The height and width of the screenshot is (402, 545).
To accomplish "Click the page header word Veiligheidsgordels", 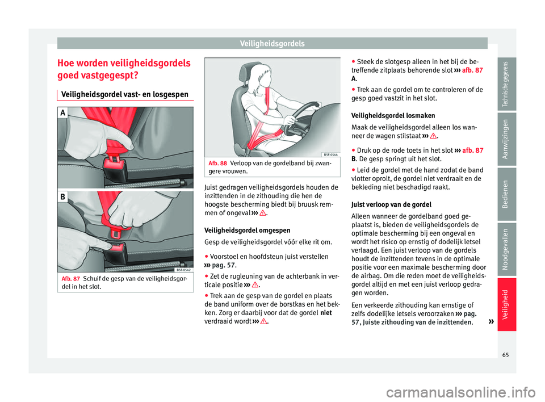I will point(272,43).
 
